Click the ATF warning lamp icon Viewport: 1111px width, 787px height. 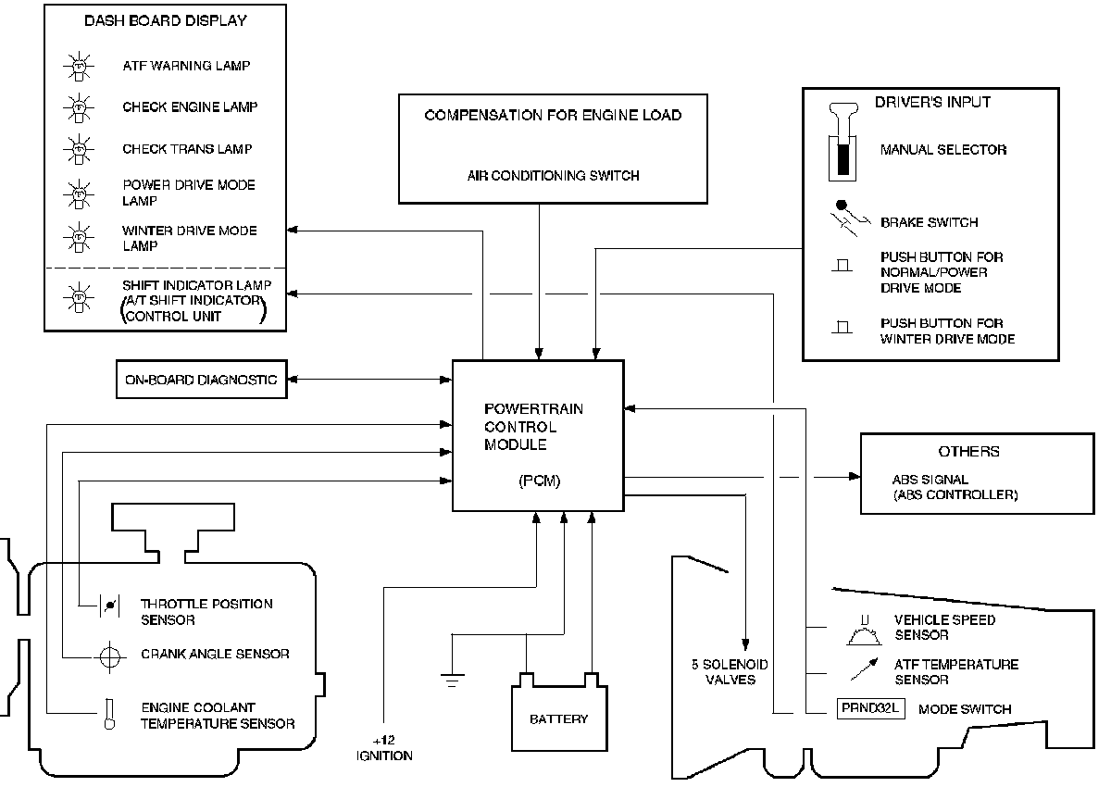(78, 67)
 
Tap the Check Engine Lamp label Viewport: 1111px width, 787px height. (190, 107)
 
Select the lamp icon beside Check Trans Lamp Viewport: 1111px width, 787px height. (78, 148)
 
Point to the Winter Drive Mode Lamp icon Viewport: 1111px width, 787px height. (78, 238)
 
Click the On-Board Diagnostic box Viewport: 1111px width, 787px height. (201, 380)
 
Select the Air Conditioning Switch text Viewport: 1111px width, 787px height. (553, 176)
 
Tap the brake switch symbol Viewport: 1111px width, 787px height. (844, 219)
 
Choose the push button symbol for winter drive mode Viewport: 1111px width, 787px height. (842, 329)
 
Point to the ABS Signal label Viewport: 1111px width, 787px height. (930, 481)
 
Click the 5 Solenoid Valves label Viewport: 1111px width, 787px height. (730, 672)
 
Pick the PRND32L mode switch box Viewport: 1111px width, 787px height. (869, 709)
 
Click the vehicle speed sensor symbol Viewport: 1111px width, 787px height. (864, 632)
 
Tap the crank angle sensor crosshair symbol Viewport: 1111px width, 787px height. (109, 655)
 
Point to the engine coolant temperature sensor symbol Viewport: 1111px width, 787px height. (108, 715)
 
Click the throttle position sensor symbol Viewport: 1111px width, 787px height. (108, 606)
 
